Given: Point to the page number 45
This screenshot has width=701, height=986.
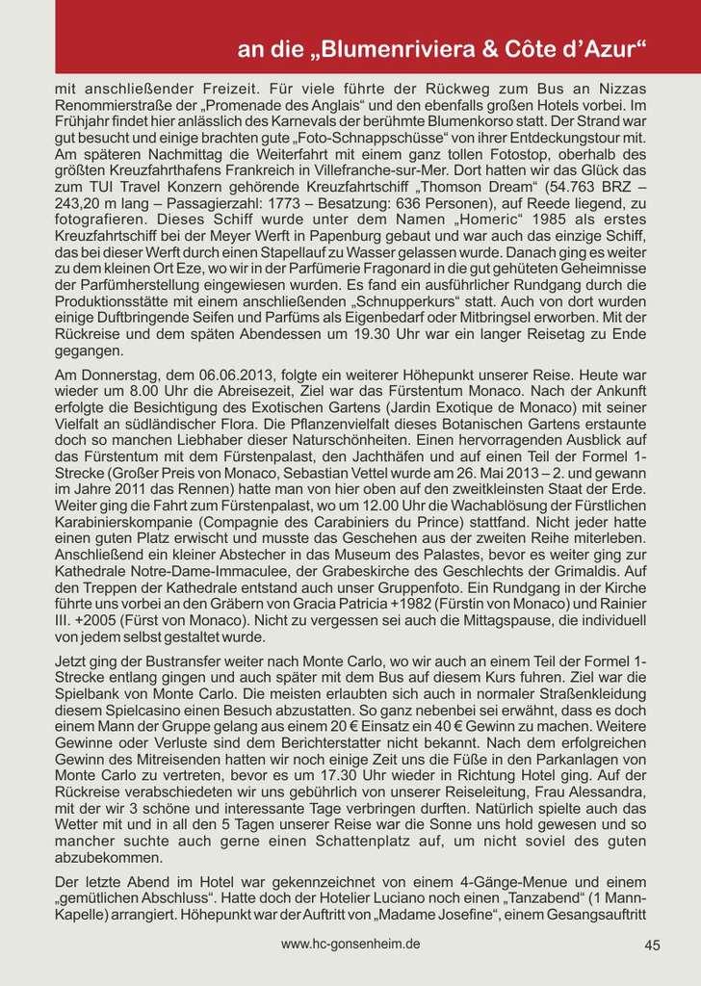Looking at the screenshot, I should coord(652,946).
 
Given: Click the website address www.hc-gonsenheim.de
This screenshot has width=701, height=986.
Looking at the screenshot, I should coord(350,945).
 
